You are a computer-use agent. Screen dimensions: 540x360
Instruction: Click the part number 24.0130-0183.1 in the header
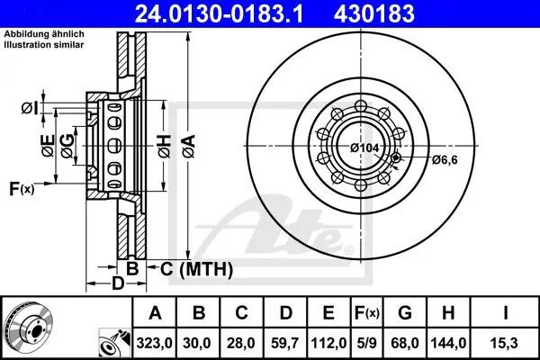[219, 13]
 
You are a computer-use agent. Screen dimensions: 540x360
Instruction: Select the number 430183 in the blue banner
[374, 13]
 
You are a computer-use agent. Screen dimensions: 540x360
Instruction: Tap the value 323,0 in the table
[154, 343]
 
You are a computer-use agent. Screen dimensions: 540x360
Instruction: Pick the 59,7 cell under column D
[284, 343]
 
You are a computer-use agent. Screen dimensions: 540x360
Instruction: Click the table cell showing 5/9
[366, 343]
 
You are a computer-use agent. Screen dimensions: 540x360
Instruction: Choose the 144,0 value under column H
[448, 343]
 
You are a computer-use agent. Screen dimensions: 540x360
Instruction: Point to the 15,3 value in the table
[505, 343]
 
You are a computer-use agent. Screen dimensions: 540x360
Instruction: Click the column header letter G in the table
[405, 313]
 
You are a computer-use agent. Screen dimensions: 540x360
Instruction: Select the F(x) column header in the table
[366, 313]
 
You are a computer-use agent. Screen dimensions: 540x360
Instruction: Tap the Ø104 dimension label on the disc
[364, 148]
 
